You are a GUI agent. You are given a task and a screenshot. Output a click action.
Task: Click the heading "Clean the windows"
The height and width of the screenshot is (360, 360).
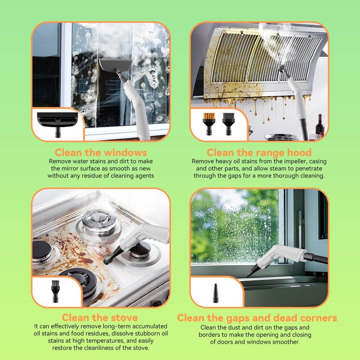pyautogui.click(x=100, y=153)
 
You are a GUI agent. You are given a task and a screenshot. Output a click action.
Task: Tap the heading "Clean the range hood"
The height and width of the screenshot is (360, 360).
pyautogui.click(x=259, y=153)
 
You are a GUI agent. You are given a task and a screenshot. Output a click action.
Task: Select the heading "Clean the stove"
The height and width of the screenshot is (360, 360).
pyautogui.click(x=100, y=318)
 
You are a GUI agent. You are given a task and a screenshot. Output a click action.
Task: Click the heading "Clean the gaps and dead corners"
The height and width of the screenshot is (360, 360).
pyautogui.click(x=257, y=318)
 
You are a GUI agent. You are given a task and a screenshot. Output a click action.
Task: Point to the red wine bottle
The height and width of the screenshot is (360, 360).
pyautogui.click(x=320, y=126)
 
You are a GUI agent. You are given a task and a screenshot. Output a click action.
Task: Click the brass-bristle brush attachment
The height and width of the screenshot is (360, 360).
pyautogui.click(x=209, y=124)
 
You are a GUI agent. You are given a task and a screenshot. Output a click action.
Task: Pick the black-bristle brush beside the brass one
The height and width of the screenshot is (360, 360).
pyautogui.click(x=228, y=124)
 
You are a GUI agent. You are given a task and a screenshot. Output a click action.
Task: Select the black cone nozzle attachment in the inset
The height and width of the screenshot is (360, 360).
pyautogui.click(x=216, y=293)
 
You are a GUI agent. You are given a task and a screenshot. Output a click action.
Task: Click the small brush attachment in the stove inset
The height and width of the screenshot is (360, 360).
pyautogui.click(x=55, y=291)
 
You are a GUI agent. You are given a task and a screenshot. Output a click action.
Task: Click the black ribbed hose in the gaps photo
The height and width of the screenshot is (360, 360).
pyautogui.click(x=316, y=258)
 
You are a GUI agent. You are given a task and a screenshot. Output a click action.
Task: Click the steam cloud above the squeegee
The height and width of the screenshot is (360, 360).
pyautogui.click(x=110, y=43)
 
